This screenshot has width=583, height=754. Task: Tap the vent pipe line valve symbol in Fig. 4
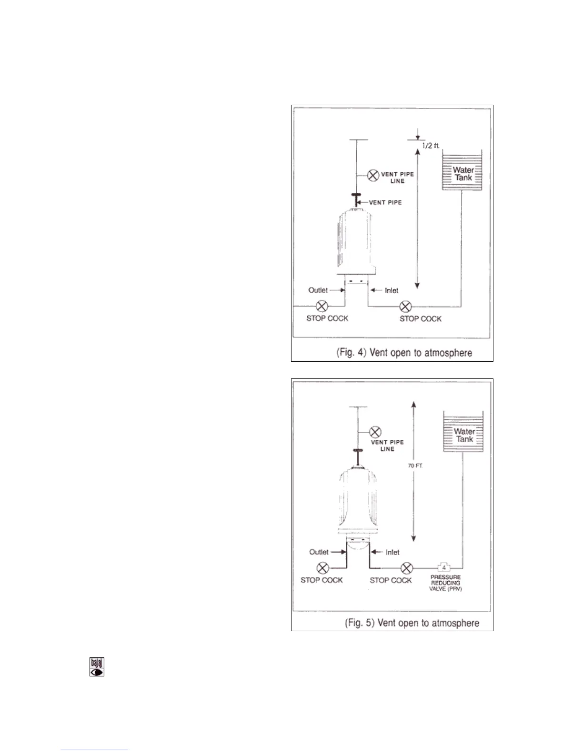[x=373, y=176]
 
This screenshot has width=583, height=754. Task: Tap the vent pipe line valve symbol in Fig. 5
[x=375, y=432]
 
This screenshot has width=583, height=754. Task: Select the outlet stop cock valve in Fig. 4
[x=322, y=306]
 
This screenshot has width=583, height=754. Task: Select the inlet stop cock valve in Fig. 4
[x=405, y=306]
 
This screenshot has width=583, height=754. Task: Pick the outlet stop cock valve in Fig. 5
[x=322, y=568]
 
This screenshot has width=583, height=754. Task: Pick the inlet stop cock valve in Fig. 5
[x=406, y=568]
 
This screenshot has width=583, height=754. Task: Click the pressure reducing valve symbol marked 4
[x=444, y=567]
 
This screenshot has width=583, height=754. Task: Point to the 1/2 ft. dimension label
[x=431, y=146]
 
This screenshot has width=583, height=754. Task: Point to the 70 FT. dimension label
[x=415, y=466]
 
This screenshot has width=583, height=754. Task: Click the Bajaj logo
[x=97, y=667]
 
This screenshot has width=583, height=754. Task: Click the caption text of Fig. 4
[x=404, y=353]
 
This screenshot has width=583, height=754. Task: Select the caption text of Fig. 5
[x=412, y=623]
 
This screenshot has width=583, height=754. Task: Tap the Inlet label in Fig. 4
[x=391, y=290]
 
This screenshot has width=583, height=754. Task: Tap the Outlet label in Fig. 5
[x=319, y=552]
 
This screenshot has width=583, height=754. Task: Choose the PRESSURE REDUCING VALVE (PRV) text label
[x=445, y=583]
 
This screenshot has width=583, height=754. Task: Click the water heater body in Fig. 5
[x=356, y=500]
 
